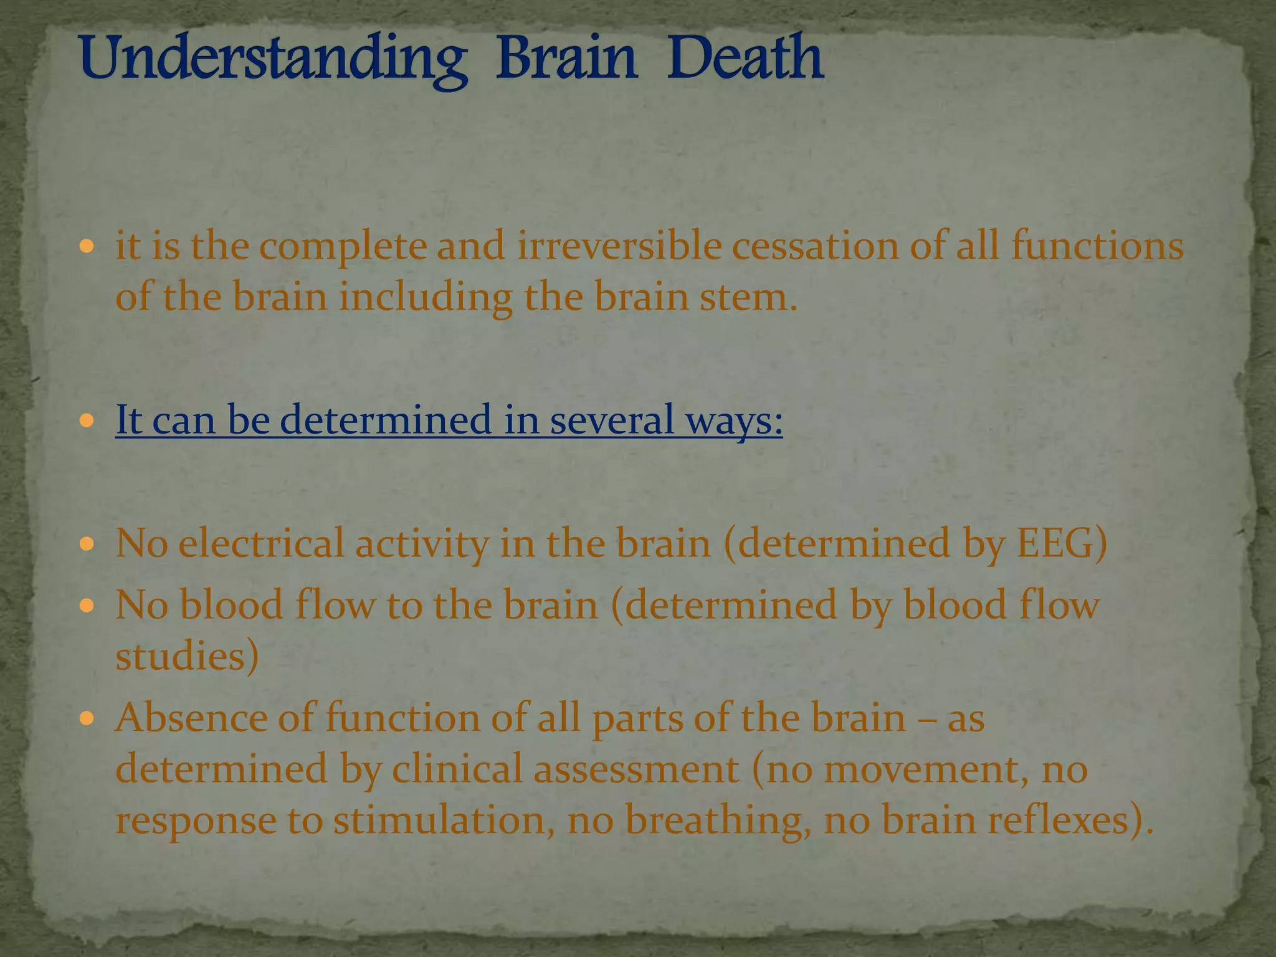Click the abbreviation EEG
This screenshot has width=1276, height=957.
pyautogui.click(x=1062, y=543)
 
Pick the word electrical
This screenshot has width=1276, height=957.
pyautogui.click(x=261, y=543)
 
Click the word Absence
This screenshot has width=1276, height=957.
pyautogui.click(x=191, y=718)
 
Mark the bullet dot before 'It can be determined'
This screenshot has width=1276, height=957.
pyautogui.click(x=87, y=421)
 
